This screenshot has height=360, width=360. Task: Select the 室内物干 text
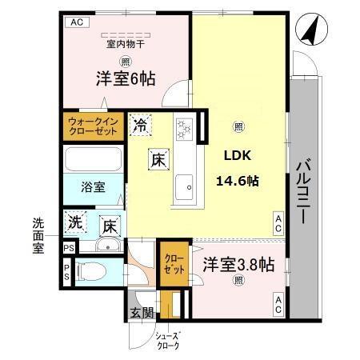pyautogui.click(x=126, y=46)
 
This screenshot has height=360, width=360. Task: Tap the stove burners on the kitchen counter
pyautogui.click(x=186, y=128)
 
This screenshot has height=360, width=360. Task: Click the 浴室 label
pyautogui.click(x=92, y=188)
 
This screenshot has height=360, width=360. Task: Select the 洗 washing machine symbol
pyautogui.click(x=74, y=221)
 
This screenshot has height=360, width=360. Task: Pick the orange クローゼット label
pyautogui.click(x=173, y=265)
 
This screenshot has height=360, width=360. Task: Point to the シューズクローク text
pyautogui.click(x=168, y=341)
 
